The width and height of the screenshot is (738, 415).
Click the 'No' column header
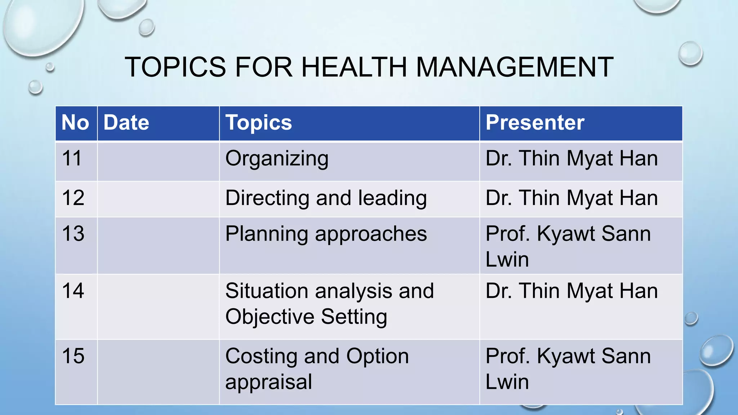tap(75, 122)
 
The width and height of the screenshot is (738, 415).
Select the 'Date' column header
tap(126, 122)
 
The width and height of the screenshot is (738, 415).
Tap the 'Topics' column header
tap(258, 122)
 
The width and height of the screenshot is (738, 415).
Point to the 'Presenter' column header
tap(535, 122)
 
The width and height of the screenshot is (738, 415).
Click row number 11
tap(72, 158)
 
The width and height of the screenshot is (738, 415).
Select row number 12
tap(73, 198)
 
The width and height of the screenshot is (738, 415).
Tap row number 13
tap(73, 233)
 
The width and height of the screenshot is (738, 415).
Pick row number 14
tap(73, 291)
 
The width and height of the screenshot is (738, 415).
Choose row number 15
tap(73, 356)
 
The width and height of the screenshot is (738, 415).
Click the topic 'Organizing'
tap(277, 159)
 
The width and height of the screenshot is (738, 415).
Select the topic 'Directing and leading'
tap(326, 198)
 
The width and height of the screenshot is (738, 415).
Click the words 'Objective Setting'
tap(306, 317)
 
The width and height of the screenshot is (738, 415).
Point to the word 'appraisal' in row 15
tap(268, 382)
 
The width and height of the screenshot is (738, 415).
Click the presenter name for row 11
tap(572, 159)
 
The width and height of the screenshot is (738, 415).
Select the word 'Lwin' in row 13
tap(507, 259)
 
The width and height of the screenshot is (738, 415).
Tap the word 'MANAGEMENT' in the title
tap(515, 67)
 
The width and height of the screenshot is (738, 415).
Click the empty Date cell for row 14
tap(158, 307)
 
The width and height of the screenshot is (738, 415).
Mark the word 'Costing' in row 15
tap(261, 356)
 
